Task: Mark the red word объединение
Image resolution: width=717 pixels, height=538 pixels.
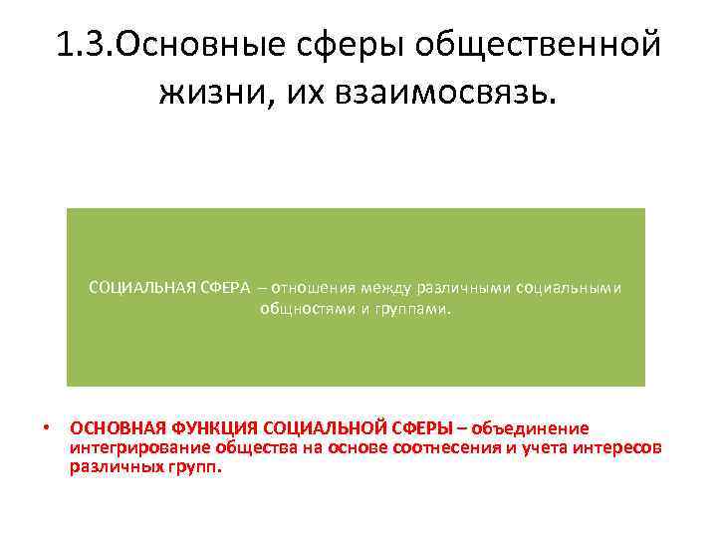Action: pyautogui.click(x=530, y=428)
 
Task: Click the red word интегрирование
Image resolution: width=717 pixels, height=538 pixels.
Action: pyautogui.click(x=124, y=447)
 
